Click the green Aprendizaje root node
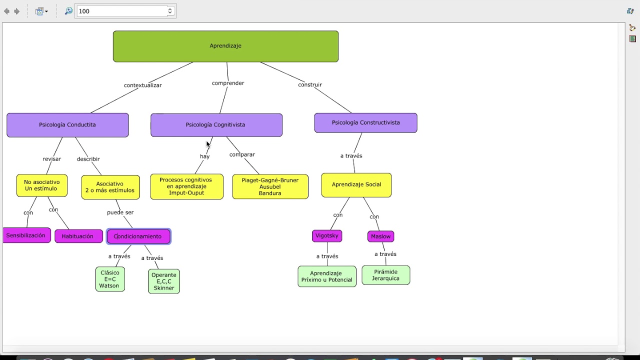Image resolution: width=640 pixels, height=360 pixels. pos(225,46)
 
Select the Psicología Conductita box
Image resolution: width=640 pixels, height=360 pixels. pos(67,125)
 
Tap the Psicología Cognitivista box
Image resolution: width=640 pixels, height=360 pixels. pos(216,125)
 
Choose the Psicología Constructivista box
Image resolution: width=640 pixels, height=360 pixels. pos(365,122)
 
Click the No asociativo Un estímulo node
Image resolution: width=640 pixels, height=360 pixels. pos(41,185)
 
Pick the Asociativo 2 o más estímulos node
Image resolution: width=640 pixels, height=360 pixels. pos(110,187)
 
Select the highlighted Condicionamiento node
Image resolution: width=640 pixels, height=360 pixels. pos(138,236)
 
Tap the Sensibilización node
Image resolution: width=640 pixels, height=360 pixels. pos(26,235)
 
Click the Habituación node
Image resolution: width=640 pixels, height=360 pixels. pos(78,236)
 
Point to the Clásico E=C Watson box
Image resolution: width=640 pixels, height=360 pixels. pos(110,279)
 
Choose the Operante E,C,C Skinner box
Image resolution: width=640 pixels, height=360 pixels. pos(164,281)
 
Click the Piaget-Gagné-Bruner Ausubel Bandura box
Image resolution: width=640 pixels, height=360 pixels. pos(270,186)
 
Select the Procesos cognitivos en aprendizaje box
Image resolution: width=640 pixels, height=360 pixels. pos(186,186)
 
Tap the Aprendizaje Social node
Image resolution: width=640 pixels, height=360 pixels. pos(356,184)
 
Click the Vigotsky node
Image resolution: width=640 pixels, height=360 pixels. pos(327,235)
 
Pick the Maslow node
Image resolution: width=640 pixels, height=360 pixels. pos(380,236)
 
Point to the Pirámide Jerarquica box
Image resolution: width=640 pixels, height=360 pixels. pos(385,275)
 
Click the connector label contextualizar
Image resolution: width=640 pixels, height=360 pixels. pos(142,85)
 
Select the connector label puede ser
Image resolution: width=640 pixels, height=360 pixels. pos(120,212)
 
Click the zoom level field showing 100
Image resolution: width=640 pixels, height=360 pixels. pos(122,11)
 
